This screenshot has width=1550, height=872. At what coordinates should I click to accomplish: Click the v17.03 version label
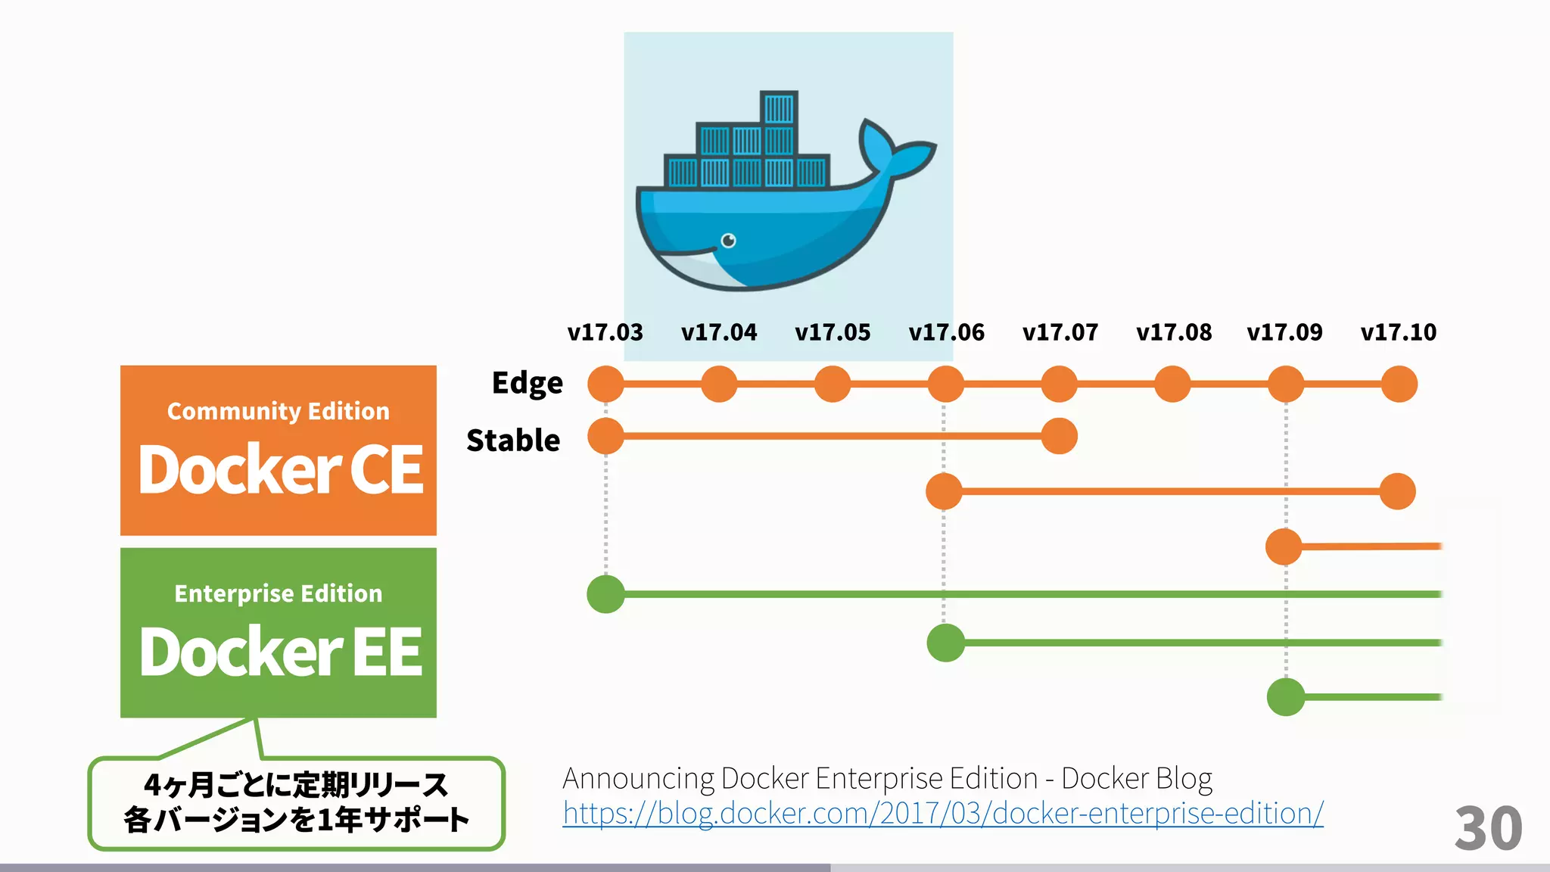(x=605, y=332)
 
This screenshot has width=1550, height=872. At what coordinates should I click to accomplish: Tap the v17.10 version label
(x=1398, y=332)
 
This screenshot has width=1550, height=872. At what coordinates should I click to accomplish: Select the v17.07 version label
(x=1060, y=332)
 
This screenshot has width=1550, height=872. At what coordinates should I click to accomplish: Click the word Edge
(x=527, y=383)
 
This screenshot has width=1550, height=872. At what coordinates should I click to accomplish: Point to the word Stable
(x=513, y=440)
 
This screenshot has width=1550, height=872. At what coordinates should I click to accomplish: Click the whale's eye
(x=728, y=241)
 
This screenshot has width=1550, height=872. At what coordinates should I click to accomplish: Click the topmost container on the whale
(x=778, y=108)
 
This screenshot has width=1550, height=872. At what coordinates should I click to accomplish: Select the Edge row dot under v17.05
(x=833, y=384)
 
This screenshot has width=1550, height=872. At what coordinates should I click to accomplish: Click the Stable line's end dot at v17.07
(x=1059, y=436)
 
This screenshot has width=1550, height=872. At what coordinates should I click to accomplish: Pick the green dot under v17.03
(x=605, y=594)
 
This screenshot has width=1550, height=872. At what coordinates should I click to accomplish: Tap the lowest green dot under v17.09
(x=1285, y=697)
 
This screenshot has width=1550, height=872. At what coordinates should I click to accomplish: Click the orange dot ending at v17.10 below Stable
(x=1397, y=491)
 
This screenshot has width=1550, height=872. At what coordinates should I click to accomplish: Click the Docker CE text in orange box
(x=280, y=470)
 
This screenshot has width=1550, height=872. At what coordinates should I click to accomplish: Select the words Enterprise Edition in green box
(x=278, y=593)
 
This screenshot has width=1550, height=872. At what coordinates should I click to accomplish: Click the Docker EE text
(x=280, y=652)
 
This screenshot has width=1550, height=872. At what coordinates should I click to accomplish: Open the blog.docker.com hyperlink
(x=942, y=814)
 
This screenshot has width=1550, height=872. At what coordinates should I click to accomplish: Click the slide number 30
(x=1487, y=828)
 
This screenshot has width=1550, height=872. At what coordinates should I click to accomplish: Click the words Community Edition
(x=278, y=411)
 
